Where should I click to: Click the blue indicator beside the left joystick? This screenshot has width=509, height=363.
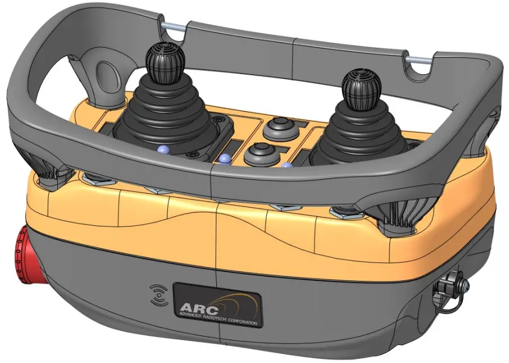point(163,149)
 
